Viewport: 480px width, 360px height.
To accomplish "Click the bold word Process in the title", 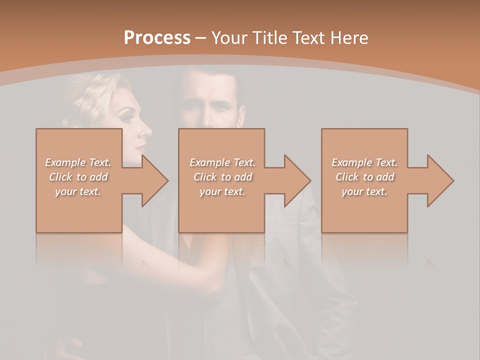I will point(157,37).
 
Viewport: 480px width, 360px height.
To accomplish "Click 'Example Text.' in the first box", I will point(78,162).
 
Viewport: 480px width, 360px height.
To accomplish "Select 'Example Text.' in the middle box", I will point(222,162).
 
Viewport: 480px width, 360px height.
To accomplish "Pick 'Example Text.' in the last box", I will point(364,162).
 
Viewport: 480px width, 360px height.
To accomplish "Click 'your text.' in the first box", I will point(78,191).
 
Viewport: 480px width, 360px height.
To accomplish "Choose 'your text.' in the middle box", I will point(222,191).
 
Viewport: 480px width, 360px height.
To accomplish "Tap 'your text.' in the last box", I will point(364,191).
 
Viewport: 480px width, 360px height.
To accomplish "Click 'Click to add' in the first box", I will point(78,177).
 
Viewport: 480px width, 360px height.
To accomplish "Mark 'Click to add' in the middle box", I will point(222,177).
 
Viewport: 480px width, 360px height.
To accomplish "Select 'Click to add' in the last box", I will point(364,177).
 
